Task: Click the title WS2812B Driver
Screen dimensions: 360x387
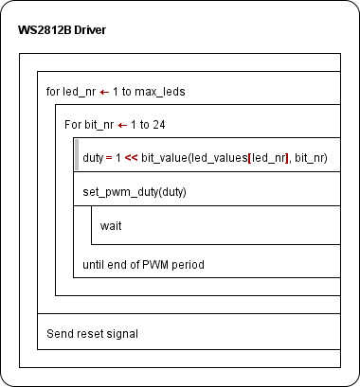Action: click(62, 30)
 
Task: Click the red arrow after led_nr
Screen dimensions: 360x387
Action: click(104, 93)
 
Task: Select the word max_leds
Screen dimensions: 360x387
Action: click(160, 92)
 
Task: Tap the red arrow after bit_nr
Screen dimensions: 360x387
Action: click(122, 126)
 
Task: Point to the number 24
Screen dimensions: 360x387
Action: click(159, 125)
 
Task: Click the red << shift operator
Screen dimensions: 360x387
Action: click(132, 158)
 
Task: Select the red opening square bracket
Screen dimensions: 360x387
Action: click(250, 158)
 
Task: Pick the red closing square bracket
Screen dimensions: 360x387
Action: click(287, 158)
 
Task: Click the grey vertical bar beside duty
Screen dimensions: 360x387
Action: click(77, 154)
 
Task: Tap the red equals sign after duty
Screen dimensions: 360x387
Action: click(109, 158)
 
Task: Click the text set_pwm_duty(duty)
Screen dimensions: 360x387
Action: click(135, 192)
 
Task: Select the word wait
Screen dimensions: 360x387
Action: click(111, 226)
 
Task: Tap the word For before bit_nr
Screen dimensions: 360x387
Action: click(73, 125)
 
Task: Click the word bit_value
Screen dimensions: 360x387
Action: click(164, 158)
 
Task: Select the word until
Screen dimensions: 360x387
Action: click(94, 265)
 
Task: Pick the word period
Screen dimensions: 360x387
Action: click(188, 265)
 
